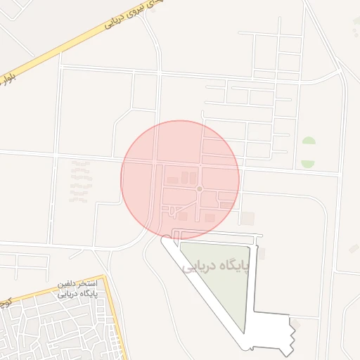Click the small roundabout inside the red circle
coord(200,189)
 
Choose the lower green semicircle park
coord(308,164)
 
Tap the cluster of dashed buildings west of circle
coord(80,181)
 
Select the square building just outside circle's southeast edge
coord(247,217)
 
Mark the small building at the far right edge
coord(354,248)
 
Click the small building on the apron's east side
coord(295,323)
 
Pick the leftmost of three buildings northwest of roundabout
coord(172,181)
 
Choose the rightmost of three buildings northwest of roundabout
coord(193,178)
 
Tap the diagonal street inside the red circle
coord(185,206)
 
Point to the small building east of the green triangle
coord(262,254)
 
